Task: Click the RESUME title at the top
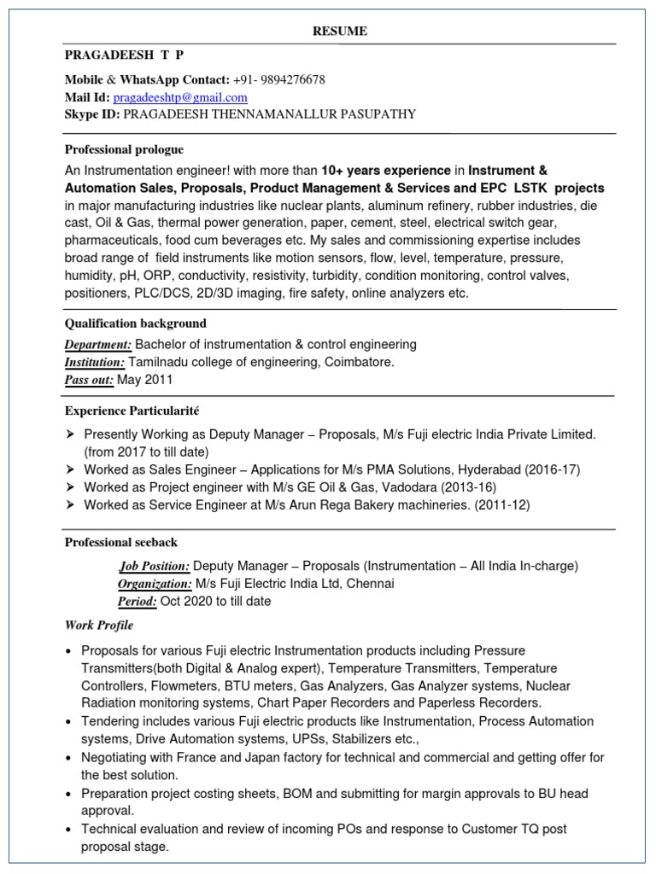point(340,31)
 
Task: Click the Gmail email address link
point(180,97)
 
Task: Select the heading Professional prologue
point(124,149)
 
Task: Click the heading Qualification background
point(135,323)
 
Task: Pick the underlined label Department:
point(98,344)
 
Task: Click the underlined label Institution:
point(95,362)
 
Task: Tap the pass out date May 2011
point(145,379)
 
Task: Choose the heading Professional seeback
point(121,542)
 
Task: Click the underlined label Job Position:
point(154,566)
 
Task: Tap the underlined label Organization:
point(154,584)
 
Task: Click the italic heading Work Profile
point(99,625)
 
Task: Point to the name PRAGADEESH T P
point(124,55)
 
